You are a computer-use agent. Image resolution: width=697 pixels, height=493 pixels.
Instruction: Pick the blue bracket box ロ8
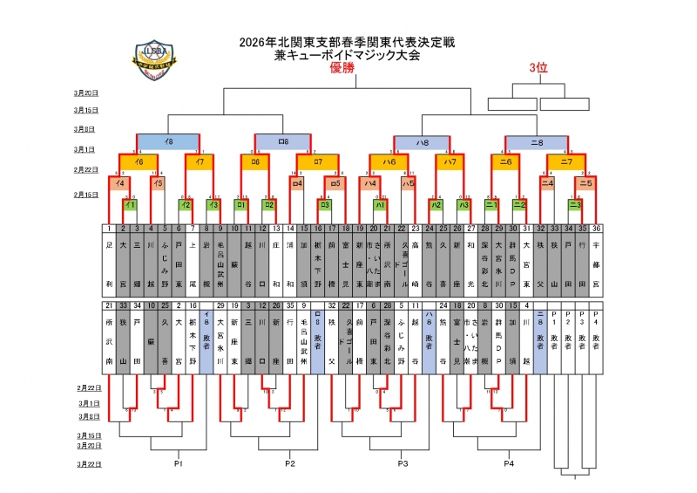[x=282, y=141]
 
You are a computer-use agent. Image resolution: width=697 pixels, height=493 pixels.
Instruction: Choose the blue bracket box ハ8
[x=422, y=141]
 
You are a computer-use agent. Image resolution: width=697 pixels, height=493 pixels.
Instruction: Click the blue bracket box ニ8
[x=536, y=141]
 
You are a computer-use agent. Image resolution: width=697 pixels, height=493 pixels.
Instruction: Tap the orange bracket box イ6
[x=139, y=162]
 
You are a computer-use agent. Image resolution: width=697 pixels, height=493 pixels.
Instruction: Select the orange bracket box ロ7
[x=318, y=162]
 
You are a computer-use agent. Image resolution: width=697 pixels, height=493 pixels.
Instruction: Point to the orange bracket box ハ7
[x=450, y=162]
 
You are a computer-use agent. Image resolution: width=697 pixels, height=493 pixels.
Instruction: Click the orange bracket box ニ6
[x=505, y=162]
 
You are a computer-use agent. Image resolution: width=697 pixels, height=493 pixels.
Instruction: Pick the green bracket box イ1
[x=130, y=205]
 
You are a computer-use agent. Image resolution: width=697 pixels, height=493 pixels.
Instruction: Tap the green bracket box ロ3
[x=324, y=205]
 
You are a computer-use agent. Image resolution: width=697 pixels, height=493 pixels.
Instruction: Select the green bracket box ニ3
[x=575, y=205]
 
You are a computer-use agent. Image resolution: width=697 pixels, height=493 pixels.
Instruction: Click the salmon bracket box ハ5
[x=408, y=183]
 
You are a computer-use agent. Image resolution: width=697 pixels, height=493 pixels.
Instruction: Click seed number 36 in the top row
[x=596, y=229]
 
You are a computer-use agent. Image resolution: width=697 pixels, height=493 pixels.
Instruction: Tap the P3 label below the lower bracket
[x=403, y=462]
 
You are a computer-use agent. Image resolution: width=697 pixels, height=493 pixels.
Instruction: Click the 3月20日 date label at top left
[x=85, y=92]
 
